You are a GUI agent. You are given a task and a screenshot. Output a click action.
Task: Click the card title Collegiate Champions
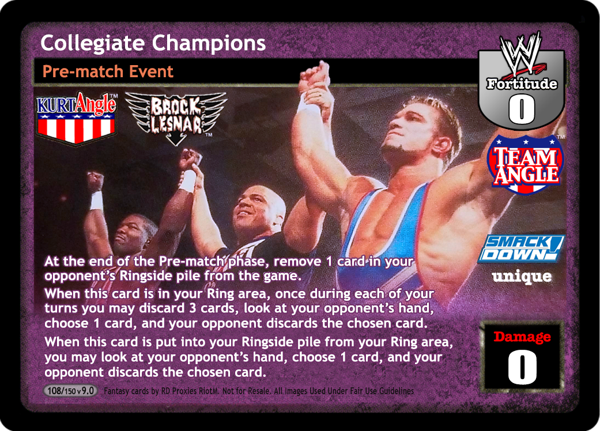point(153,44)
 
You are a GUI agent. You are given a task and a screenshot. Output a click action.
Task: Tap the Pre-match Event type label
point(108,71)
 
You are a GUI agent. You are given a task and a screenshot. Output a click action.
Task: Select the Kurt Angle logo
point(77,118)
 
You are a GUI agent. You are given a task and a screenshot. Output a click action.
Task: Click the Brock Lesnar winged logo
point(176,118)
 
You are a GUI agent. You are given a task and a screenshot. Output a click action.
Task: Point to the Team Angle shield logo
point(526,164)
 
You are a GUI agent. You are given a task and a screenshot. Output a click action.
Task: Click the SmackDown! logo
point(521,248)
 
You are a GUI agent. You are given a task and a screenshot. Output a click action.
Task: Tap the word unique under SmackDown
point(522,277)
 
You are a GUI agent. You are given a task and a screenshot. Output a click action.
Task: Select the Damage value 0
point(522,366)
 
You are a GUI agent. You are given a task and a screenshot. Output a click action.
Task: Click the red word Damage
point(522,337)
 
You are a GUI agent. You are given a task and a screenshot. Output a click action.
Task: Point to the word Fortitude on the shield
point(522,84)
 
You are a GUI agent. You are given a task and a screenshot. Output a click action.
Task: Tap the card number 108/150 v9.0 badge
point(70,391)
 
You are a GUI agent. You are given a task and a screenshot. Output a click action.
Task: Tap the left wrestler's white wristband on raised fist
point(97,201)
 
